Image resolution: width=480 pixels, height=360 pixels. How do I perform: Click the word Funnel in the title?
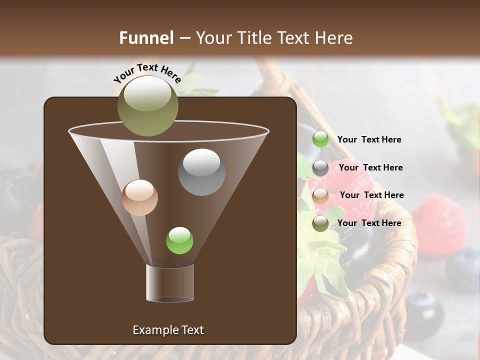pos(146,38)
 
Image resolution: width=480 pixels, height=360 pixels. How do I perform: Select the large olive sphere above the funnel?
pos(147,105)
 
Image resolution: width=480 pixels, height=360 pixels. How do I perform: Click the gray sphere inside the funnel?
pos(201,172)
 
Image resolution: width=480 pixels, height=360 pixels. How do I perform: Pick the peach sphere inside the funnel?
pos(139,197)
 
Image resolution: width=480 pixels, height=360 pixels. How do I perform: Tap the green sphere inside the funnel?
pos(179,240)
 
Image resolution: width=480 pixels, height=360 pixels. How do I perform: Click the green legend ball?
pos(320,139)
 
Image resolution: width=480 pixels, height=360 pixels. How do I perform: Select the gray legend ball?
pos(320,168)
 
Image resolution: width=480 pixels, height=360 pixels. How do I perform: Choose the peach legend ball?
pos(320,195)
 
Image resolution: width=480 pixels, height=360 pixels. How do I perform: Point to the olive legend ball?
pos(320,223)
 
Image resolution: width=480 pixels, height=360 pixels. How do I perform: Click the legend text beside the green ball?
pos(369,139)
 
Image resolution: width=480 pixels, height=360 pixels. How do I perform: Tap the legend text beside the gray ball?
pos(370,167)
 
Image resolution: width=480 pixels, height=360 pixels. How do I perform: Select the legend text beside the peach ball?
pos(371,195)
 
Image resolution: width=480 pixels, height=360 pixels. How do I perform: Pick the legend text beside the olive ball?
pos(369,223)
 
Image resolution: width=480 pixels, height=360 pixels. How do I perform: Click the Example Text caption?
pos(168,330)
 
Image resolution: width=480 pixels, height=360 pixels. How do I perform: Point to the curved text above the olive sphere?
pos(147,73)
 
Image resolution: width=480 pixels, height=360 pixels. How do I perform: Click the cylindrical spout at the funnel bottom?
pos(170,283)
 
